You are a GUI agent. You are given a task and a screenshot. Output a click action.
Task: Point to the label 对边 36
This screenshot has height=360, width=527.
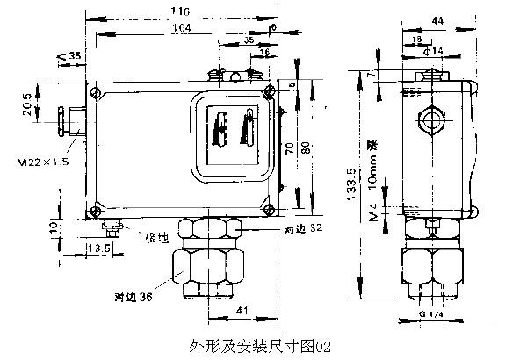click(x=132, y=297)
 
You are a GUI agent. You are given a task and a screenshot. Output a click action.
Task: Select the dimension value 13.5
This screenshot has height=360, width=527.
click(x=99, y=248)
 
